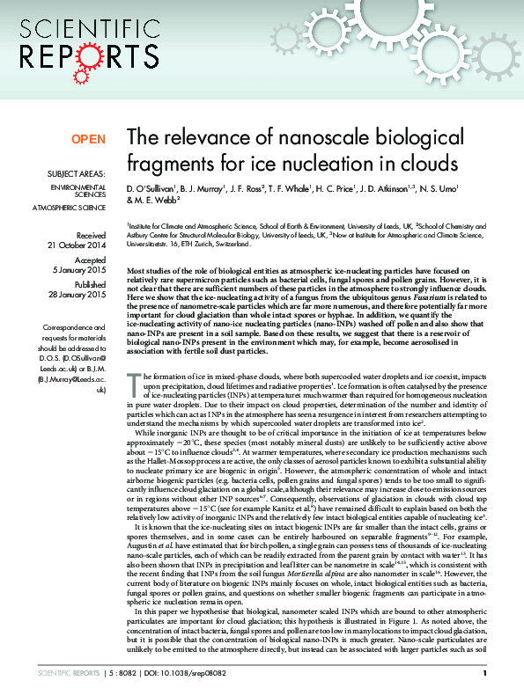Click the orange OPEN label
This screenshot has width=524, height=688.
coord(88,139)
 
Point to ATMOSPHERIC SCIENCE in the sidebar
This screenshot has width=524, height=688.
coord(69,207)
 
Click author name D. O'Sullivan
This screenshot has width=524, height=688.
coord(151,187)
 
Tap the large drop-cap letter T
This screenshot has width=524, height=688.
coord(133,381)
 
